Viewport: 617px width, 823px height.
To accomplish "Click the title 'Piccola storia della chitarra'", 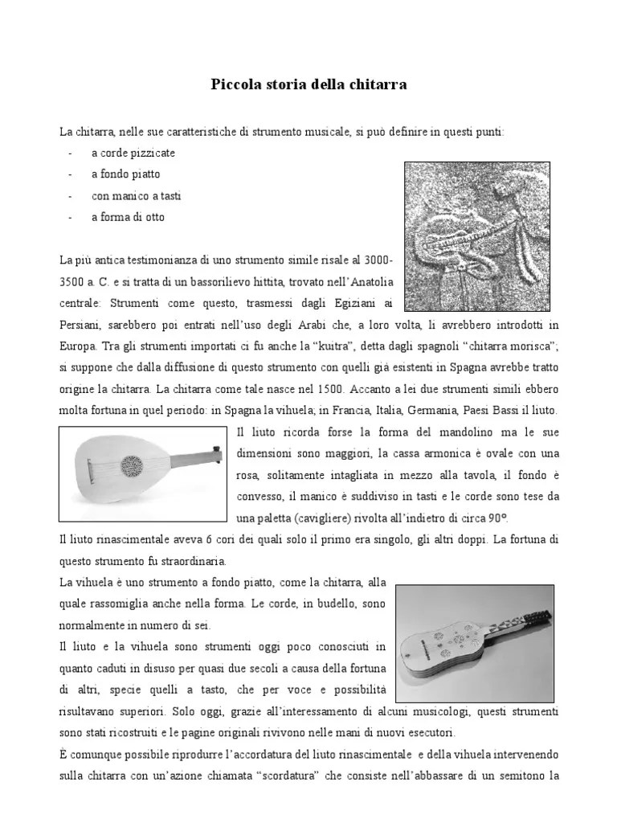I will click(x=308, y=84).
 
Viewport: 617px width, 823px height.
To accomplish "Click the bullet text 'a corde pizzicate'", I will click(x=133, y=152).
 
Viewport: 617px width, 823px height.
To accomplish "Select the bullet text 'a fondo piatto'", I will click(x=125, y=174).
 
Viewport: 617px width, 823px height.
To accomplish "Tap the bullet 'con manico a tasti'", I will click(x=134, y=195).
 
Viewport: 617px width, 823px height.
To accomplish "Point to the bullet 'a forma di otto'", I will click(x=128, y=217).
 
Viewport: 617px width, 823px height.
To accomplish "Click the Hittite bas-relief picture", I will click(x=471, y=236).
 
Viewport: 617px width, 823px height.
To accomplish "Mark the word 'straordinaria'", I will click(x=193, y=560).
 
